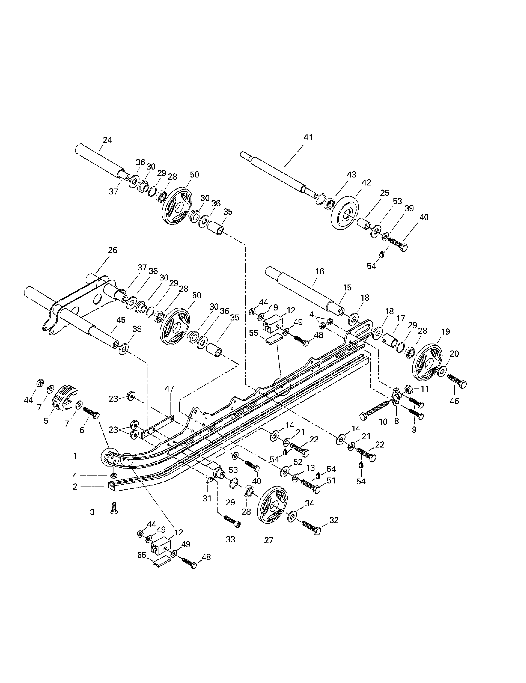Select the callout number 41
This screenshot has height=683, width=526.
click(x=308, y=137)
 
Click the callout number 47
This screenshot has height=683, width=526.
click(x=169, y=389)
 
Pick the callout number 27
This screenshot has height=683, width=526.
click(x=269, y=540)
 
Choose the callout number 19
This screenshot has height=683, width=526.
click(x=445, y=331)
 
